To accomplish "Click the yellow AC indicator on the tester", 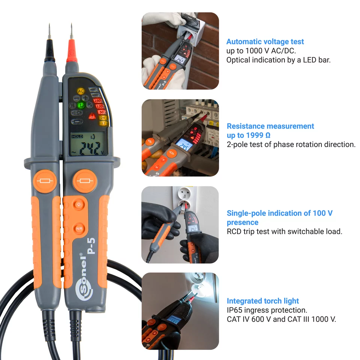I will [81, 91].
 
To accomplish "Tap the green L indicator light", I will [81, 106].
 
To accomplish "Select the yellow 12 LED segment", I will [102, 123].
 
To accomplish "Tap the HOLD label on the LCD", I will [77, 136].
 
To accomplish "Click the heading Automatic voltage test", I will [265, 42].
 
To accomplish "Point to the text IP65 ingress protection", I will [267, 310].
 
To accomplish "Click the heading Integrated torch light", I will [262, 301].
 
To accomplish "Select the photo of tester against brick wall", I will [180, 51].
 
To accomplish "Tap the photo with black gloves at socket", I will [180, 224].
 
